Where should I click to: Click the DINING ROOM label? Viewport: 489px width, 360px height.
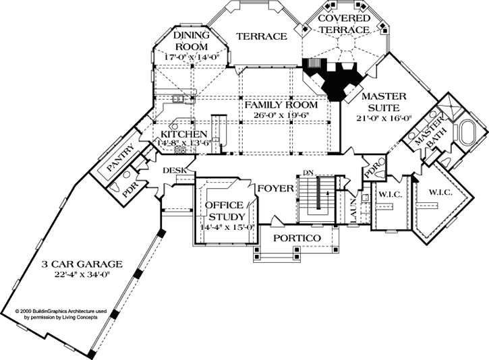click(191, 41)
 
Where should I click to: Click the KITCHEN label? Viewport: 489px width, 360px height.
click(179, 134)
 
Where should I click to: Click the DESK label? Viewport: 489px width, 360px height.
click(173, 172)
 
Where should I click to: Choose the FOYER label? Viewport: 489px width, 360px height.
click(275, 188)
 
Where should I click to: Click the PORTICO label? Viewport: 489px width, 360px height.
click(296, 239)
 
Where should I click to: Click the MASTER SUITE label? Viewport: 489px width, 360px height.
click(383, 102)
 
